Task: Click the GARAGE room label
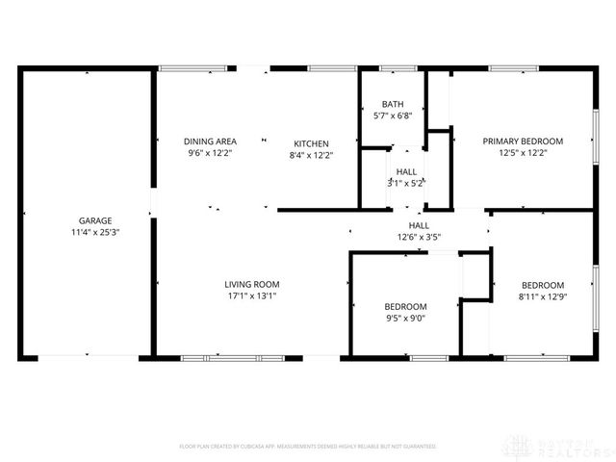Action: [x=95, y=220]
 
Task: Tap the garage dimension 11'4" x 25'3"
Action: [x=95, y=232]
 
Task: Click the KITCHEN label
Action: [x=311, y=143]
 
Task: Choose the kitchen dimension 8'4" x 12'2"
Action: [x=311, y=155]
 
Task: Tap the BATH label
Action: [x=392, y=104]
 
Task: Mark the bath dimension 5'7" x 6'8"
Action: [x=392, y=115]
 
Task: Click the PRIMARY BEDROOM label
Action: [x=523, y=141]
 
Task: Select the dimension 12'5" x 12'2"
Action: [x=523, y=153]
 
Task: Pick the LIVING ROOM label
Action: [x=251, y=284]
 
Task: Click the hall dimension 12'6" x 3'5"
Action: [x=419, y=237]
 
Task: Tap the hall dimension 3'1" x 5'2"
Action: [x=405, y=182]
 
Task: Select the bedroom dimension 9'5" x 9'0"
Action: [x=405, y=319]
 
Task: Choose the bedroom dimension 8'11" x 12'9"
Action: [x=543, y=296]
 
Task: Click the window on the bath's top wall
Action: [x=393, y=68]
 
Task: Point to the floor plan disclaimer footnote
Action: [x=308, y=447]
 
